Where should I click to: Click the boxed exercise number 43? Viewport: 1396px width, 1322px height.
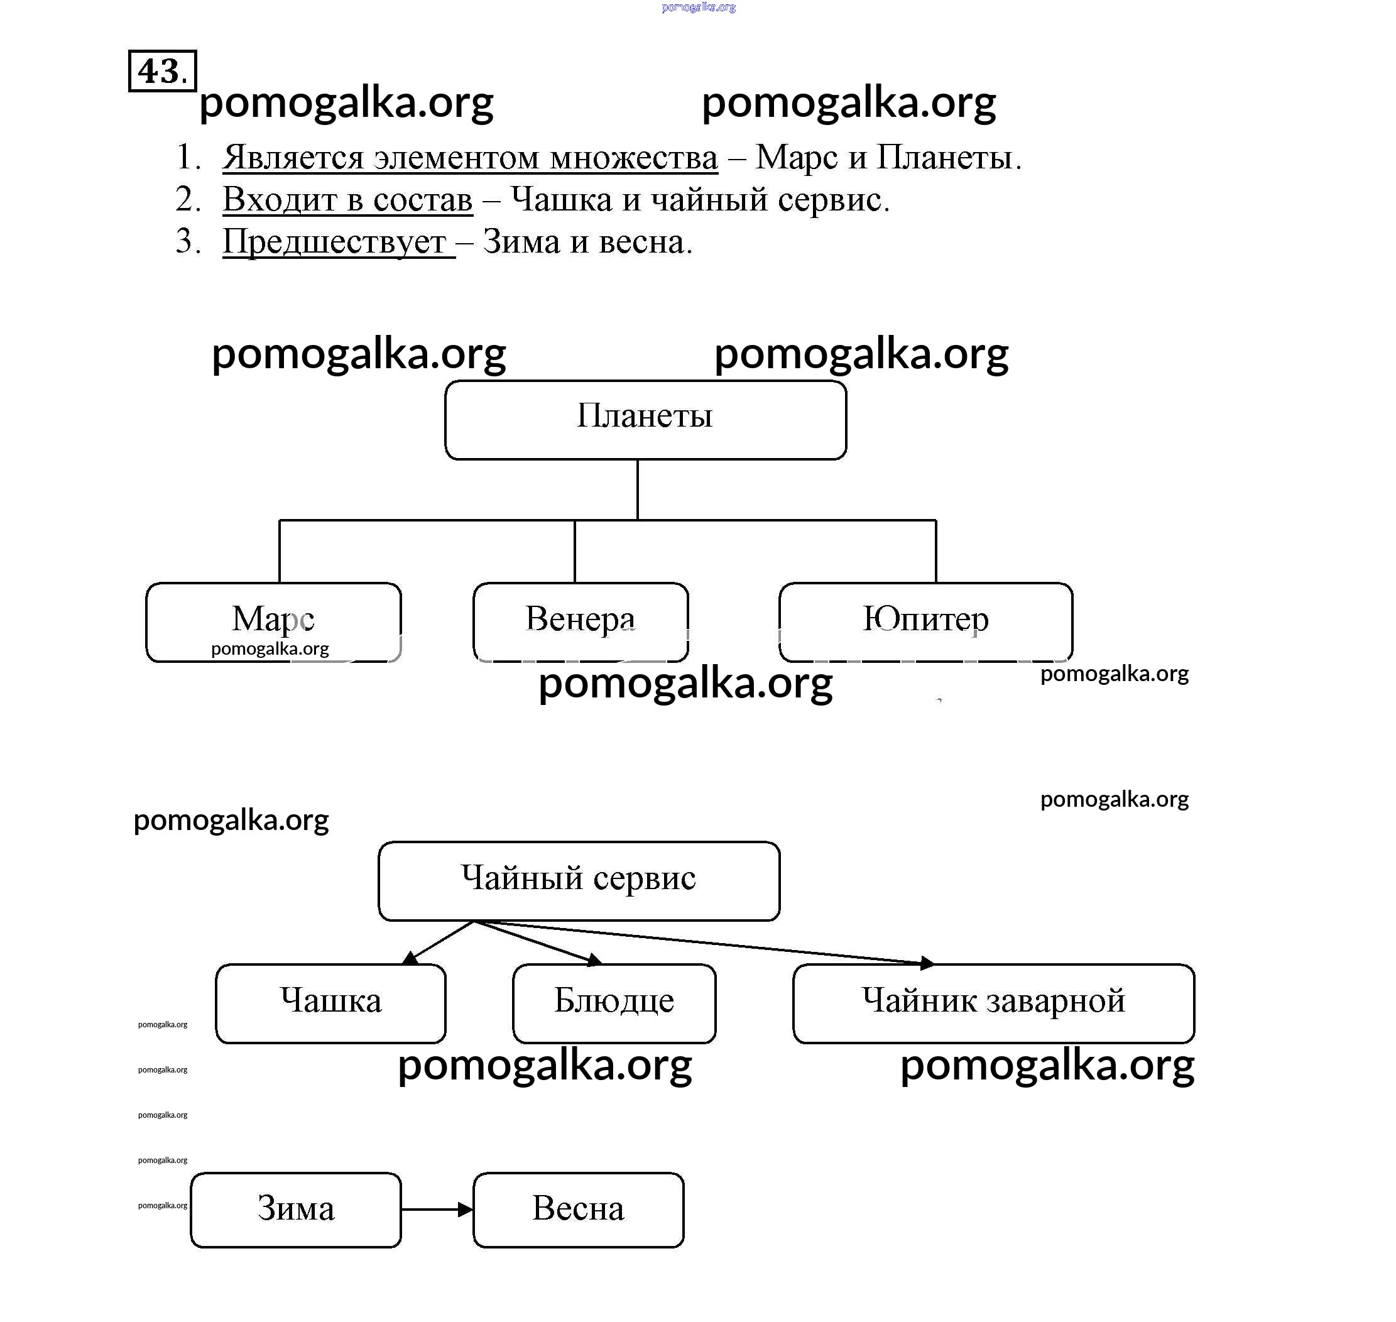tap(162, 70)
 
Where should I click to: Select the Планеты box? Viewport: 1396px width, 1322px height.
tap(645, 420)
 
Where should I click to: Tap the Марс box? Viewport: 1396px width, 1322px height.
tap(273, 621)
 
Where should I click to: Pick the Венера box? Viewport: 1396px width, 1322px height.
tap(580, 621)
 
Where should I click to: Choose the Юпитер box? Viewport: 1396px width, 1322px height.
tap(925, 621)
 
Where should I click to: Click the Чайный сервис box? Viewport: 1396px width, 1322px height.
tap(579, 880)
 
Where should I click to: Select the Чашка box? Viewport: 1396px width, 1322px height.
tap(330, 1003)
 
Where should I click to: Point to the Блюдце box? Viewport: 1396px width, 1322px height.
tap(614, 1003)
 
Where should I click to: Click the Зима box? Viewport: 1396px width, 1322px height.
tap(295, 1210)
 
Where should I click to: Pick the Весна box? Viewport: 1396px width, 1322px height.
tap(578, 1210)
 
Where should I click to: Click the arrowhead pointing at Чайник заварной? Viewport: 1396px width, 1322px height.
tap(927, 962)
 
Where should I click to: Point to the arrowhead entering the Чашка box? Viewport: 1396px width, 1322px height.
tap(410, 958)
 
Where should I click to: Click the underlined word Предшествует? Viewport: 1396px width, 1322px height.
tap(334, 242)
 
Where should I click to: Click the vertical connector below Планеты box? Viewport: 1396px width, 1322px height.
tap(638, 489)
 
